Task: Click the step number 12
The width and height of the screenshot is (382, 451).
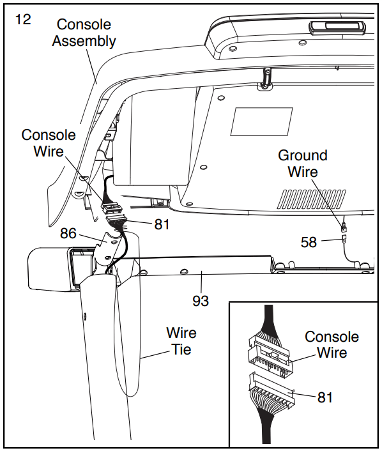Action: (x=23, y=20)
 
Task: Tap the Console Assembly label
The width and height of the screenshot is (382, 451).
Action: (x=84, y=33)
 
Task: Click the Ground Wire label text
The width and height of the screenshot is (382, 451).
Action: (x=303, y=164)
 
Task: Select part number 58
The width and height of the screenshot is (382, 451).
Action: (x=309, y=242)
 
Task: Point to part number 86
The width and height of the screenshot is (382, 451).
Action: (x=68, y=233)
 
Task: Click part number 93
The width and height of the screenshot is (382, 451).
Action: (x=201, y=301)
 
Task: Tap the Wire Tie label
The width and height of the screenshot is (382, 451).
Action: (x=181, y=341)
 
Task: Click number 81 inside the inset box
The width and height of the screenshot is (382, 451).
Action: (x=325, y=397)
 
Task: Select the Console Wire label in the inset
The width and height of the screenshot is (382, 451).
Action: (x=332, y=344)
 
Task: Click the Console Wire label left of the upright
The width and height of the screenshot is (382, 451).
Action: (x=49, y=143)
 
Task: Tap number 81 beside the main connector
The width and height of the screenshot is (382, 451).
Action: (x=162, y=224)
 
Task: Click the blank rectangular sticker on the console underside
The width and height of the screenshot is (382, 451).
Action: (x=261, y=121)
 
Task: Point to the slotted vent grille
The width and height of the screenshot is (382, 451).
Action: (x=312, y=199)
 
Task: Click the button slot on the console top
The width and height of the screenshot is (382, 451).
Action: (x=337, y=28)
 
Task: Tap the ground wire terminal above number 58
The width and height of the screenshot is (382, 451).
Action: (x=343, y=227)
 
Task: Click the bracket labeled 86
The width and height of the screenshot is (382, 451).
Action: (x=109, y=248)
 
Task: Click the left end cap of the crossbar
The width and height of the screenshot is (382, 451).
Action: (x=49, y=268)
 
